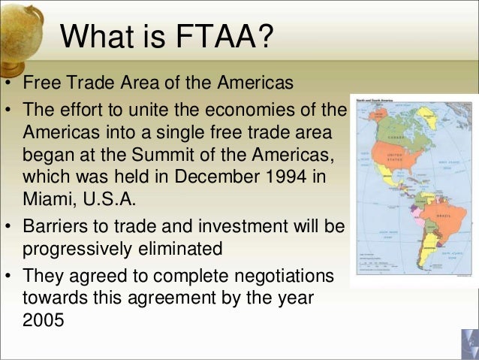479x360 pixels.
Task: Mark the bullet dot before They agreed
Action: coord(8,277)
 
